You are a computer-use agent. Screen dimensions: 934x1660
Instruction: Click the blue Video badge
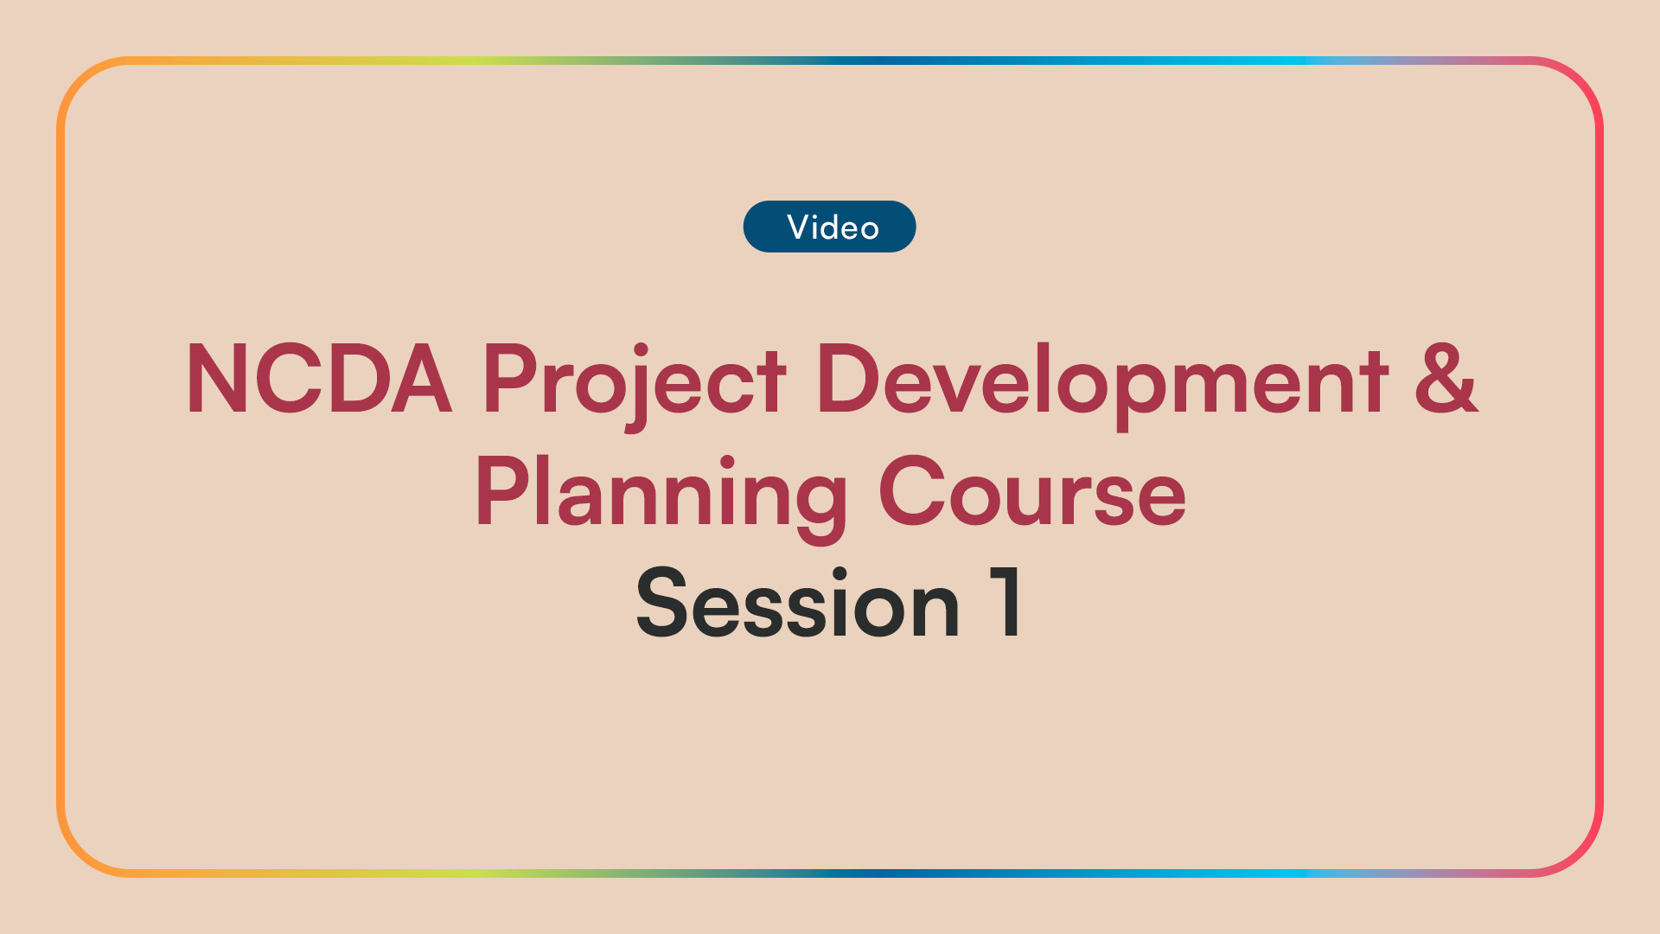829,227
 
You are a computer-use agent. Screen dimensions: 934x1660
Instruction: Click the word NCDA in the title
318,379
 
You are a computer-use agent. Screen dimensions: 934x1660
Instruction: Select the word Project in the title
634,381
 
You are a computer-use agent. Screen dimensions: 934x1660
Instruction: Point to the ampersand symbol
1446,379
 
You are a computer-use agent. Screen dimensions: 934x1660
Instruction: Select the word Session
797,604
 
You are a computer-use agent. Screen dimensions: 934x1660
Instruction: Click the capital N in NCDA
214,379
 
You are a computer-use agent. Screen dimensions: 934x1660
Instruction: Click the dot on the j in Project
641,349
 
